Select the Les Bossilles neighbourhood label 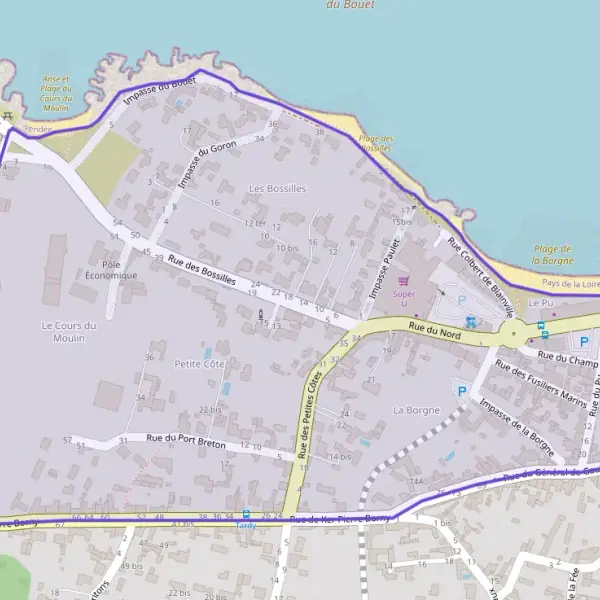pyautogui.click(x=277, y=188)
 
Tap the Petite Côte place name pyautogui.click(x=201, y=364)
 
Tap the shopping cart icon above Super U pyautogui.click(x=404, y=282)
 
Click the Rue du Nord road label pyautogui.click(x=433, y=330)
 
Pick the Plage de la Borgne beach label pyautogui.click(x=552, y=254)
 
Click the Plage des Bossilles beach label pyautogui.click(x=376, y=142)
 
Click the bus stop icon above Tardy pyautogui.click(x=246, y=513)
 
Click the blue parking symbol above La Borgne pyautogui.click(x=461, y=390)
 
